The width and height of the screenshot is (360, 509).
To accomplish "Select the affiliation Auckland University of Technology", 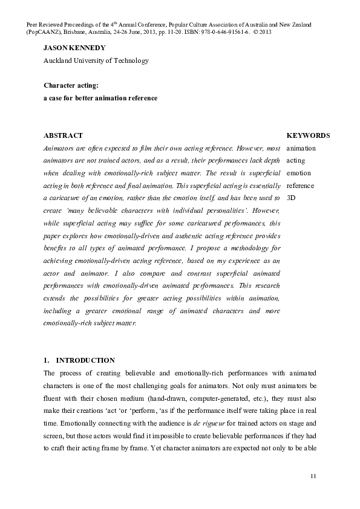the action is [x=96, y=60].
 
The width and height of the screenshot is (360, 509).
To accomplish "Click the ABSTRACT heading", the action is [x=63, y=135].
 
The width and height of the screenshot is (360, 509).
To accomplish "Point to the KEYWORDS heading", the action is [x=308, y=135].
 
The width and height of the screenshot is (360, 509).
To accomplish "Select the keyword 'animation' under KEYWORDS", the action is [x=301, y=148].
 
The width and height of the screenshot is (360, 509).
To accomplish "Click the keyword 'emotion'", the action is [x=298, y=173].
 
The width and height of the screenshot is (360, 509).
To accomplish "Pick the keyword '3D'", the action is [x=291, y=197].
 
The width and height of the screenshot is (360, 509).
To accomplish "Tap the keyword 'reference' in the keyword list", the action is [x=300, y=185].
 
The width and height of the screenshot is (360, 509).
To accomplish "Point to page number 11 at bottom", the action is [x=313, y=478].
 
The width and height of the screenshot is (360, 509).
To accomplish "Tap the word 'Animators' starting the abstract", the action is [x=59, y=148].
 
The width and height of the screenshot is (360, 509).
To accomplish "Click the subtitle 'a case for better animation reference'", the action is [x=100, y=98].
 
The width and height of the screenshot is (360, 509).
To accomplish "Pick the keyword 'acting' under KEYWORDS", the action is [x=295, y=160].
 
